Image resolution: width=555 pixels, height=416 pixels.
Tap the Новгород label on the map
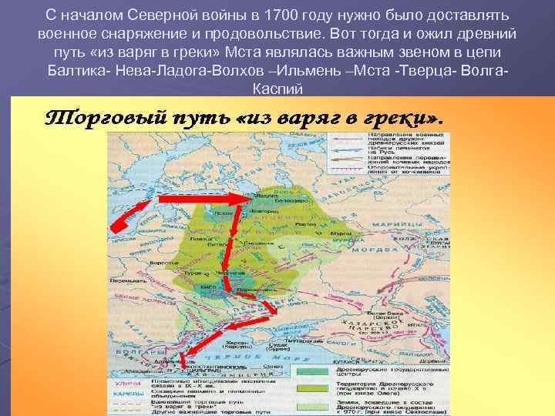(264, 210)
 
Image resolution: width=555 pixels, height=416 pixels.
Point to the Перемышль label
(124, 281)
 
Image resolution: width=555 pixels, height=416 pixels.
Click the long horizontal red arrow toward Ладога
(205, 199)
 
